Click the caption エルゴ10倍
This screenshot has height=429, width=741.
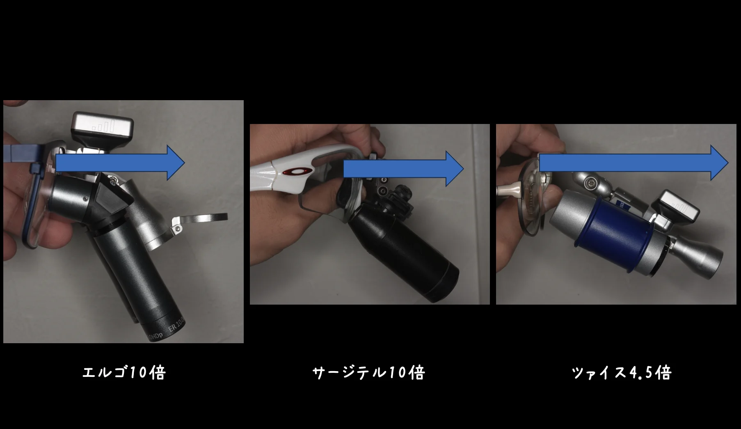[x=124, y=373]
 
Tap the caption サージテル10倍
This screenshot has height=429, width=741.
[x=368, y=373]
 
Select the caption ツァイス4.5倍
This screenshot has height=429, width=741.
[x=622, y=373]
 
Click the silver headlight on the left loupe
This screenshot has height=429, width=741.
[x=103, y=125]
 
